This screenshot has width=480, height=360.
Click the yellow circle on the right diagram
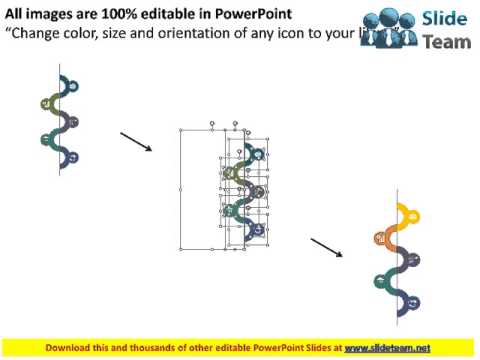pos(410,213)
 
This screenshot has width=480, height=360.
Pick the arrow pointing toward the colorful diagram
pos(326,247)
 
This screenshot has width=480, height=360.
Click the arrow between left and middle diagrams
pos(135,141)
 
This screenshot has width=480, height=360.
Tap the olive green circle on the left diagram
pos(46,103)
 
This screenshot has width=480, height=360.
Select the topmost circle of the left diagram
pos(72,87)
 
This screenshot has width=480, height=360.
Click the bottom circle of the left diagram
pos(72,157)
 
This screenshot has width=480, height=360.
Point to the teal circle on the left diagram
pos(46,138)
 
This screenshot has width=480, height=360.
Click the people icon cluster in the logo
pos(389,26)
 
